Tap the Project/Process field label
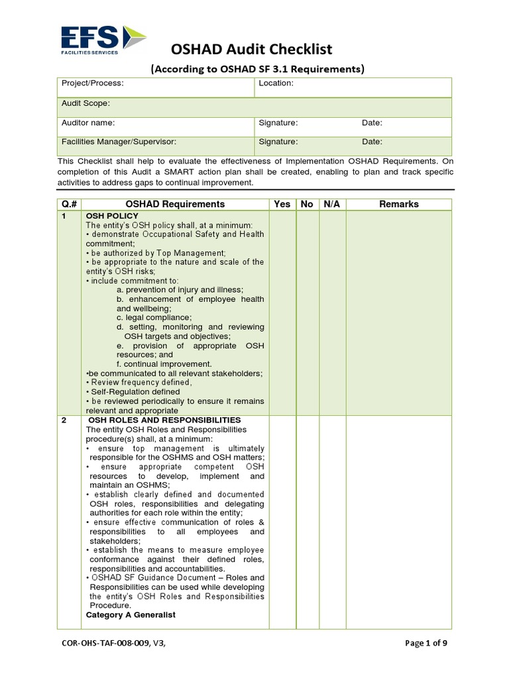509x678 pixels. pyautogui.click(x=93, y=83)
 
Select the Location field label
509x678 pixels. pyautogui.click(x=276, y=83)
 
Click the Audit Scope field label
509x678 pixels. pyautogui.click(x=85, y=103)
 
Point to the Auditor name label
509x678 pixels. pyautogui.click(x=88, y=123)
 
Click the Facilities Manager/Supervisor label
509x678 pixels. pyautogui.click(x=119, y=142)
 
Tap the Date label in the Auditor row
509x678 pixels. pyautogui.click(x=372, y=123)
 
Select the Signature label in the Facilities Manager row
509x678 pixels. pyautogui.click(x=278, y=142)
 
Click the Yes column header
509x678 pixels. pyautogui.click(x=282, y=204)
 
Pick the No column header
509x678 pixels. pyautogui.click(x=307, y=204)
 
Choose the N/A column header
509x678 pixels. pyautogui.click(x=331, y=204)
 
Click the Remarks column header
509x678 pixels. pyautogui.click(x=398, y=204)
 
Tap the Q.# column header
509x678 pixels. pyautogui.click(x=69, y=204)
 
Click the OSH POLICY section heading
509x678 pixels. pyautogui.click(x=112, y=216)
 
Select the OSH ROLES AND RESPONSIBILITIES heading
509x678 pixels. pyautogui.click(x=165, y=420)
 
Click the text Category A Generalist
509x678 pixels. pyautogui.click(x=131, y=615)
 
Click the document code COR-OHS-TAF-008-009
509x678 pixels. pyautogui.click(x=109, y=643)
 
